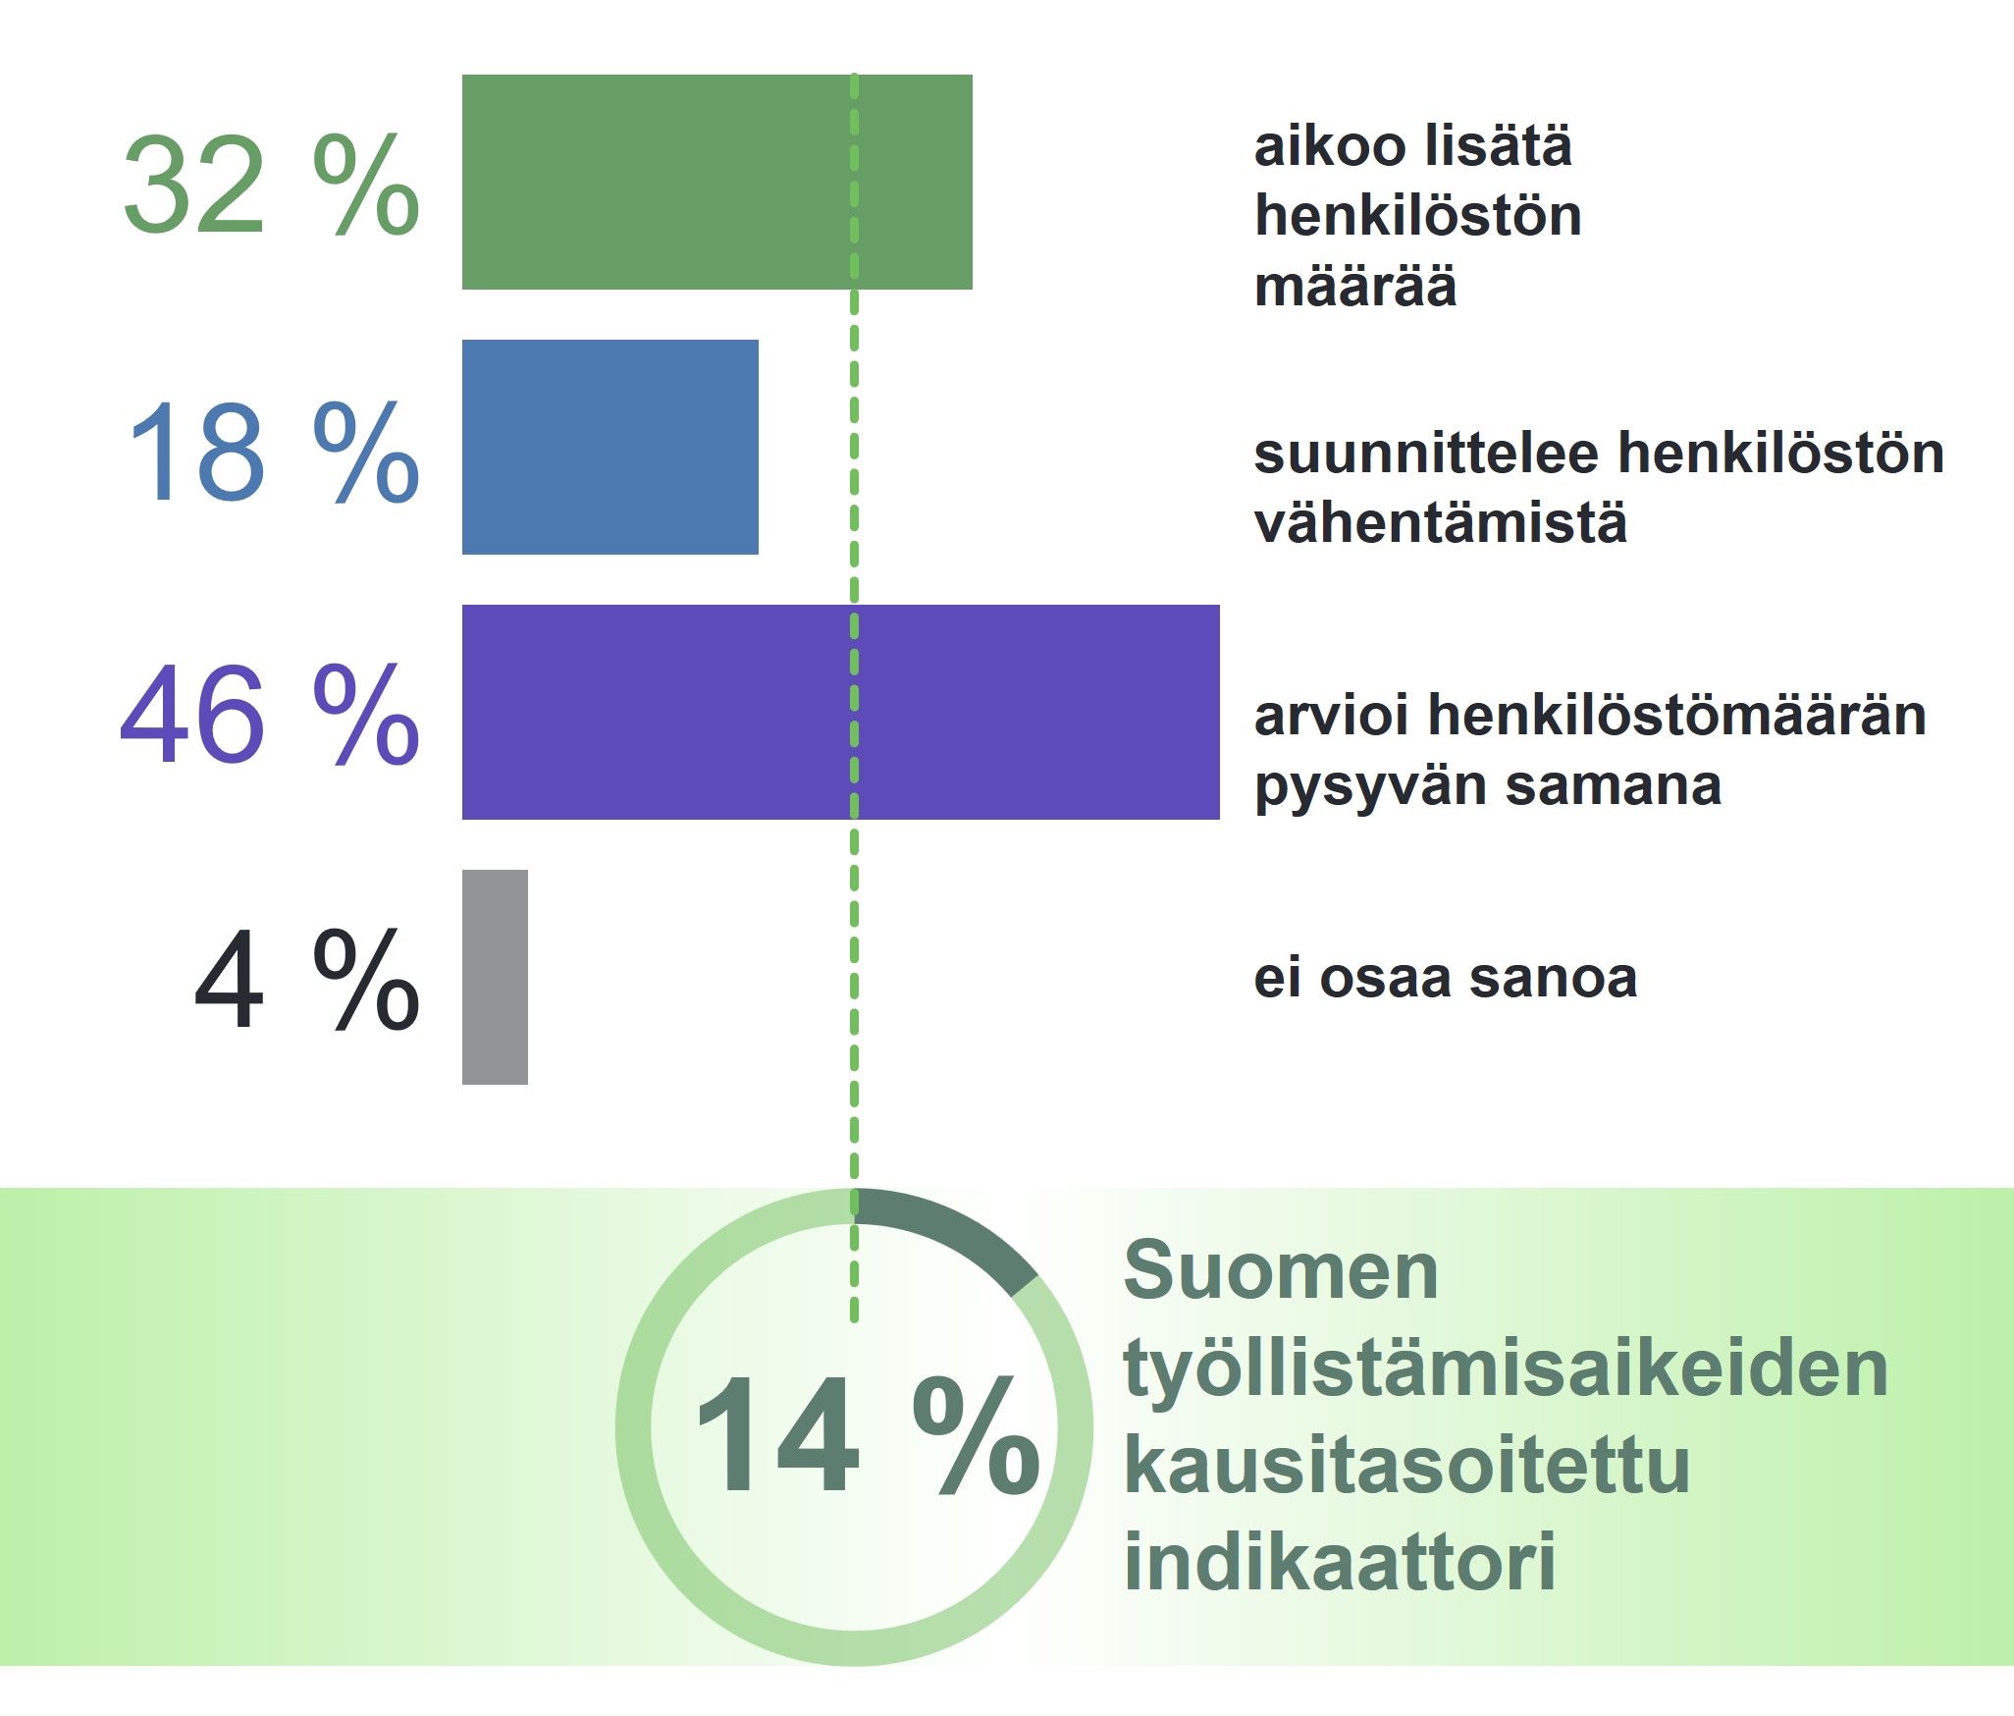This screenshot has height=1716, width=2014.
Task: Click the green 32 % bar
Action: coord(716,182)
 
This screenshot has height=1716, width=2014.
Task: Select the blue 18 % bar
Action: coord(610,447)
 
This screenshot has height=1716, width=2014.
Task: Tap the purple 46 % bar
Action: coord(841,712)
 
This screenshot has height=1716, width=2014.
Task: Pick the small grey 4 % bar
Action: coord(495,977)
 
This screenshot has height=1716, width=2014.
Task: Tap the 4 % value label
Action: coord(307,979)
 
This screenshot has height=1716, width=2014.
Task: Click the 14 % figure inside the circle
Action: coord(868,1433)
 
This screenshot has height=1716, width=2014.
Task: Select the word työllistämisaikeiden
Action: coord(1506,1370)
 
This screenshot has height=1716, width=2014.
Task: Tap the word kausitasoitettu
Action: coord(1406,1465)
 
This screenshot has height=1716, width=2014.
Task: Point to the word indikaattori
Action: coord(1340,1561)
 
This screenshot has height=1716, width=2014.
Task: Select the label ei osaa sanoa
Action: coord(1446,979)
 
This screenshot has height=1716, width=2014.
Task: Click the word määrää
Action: coord(1355,286)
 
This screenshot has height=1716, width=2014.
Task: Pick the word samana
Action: coord(1614,786)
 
